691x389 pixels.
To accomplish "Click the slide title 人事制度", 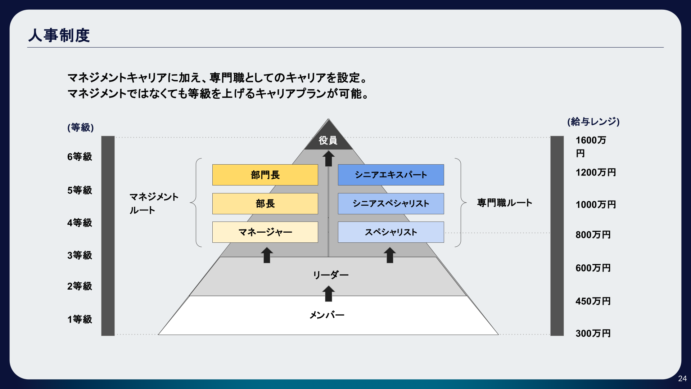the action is [x=59, y=35].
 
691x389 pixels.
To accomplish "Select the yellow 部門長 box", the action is [x=265, y=175].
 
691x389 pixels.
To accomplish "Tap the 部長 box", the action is [x=265, y=204].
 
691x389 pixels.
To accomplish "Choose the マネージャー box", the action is [x=265, y=232].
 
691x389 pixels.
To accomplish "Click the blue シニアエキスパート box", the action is [x=391, y=175].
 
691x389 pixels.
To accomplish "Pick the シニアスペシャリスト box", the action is [x=391, y=204].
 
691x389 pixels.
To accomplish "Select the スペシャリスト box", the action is [x=391, y=232].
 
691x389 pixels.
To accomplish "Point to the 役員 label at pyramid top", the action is [x=328, y=140].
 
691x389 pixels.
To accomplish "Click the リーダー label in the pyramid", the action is [x=330, y=275].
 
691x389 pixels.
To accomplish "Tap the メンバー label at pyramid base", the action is [x=327, y=315].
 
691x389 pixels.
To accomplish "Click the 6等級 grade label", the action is [x=80, y=157].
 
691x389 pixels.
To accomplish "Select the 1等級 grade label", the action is [x=80, y=319].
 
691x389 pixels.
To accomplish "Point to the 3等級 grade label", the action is [x=80, y=255].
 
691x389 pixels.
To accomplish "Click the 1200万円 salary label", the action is [x=596, y=172].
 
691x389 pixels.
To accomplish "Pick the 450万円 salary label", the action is [x=593, y=301].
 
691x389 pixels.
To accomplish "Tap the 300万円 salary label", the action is [x=593, y=333].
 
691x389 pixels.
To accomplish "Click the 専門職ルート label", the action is [x=505, y=203].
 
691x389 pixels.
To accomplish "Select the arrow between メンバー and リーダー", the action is [x=328, y=294].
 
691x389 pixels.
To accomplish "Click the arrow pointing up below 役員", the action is [x=328, y=158].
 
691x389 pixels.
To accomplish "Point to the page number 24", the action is [x=682, y=379].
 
